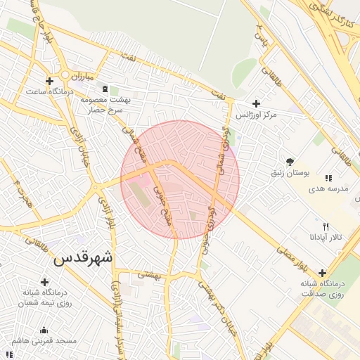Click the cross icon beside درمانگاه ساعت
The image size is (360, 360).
point(49,81)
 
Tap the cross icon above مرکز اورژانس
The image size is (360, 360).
point(255,103)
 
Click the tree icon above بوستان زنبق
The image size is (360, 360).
point(290,161)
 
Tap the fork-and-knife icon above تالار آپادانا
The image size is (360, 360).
point(325,226)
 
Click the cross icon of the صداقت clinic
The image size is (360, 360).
point(322,273)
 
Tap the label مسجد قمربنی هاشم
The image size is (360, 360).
point(47,341)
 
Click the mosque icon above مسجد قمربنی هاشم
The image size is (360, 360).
point(44,330)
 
